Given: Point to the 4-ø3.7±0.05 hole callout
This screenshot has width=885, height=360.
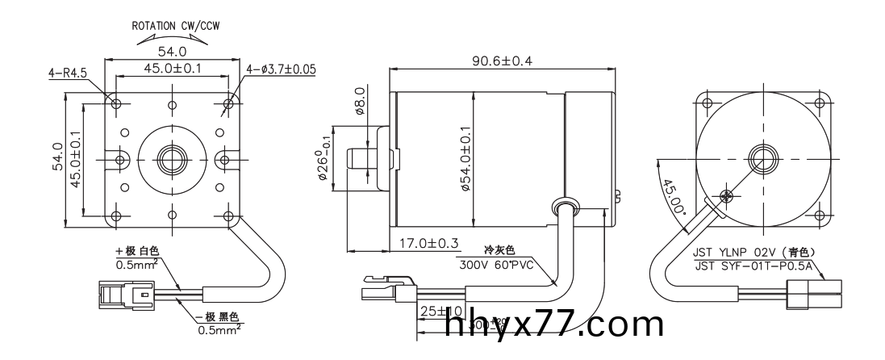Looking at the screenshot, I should [281, 69].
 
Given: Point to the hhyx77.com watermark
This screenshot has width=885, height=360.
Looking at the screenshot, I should [553, 324].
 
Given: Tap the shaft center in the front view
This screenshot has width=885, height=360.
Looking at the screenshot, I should [172, 156].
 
